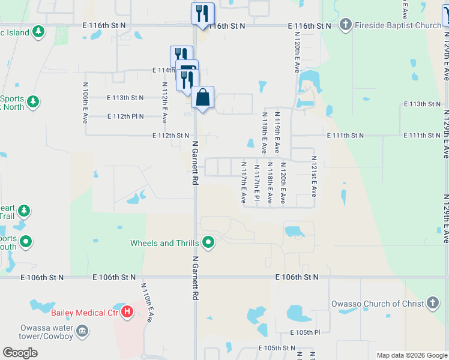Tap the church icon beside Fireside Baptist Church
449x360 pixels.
pyautogui.click(x=345, y=25)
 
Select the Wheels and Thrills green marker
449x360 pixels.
pyautogui.click(x=208, y=243)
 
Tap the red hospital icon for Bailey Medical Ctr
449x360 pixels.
pyautogui.click(x=127, y=311)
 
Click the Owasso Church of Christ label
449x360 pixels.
pyautogui.click(x=378, y=304)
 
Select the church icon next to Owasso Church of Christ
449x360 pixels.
pyautogui.click(x=432, y=303)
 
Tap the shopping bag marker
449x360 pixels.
pyautogui.click(x=203, y=97)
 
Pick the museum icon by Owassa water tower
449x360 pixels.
pyautogui.click(x=82, y=331)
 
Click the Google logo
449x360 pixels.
pyautogui.click(x=20, y=353)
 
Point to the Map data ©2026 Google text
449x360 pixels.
pyautogui.click(x=412, y=355)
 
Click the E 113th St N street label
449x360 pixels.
pyautogui.click(x=125, y=97)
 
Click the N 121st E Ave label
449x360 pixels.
pyautogui.click(x=313, y=176)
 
